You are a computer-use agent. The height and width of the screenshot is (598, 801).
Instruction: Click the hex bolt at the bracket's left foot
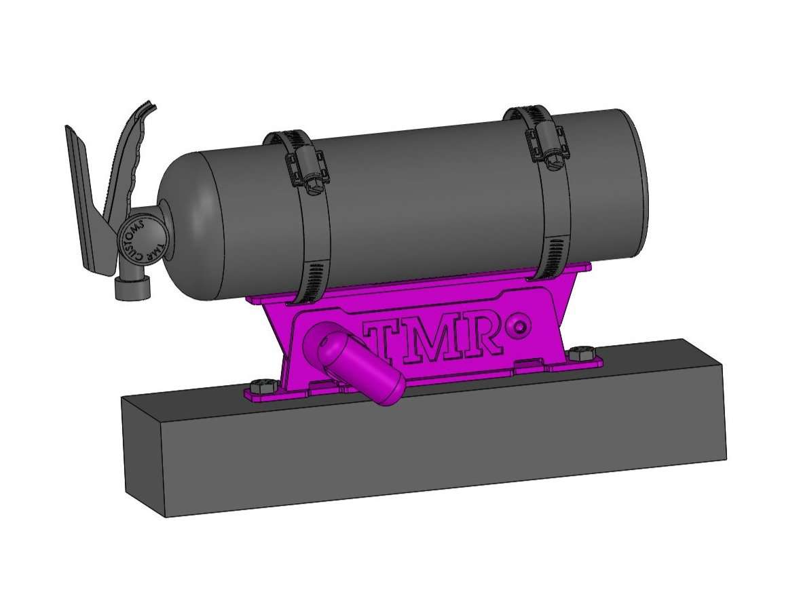259,386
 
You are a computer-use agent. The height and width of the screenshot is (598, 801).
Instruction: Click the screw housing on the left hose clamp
304,169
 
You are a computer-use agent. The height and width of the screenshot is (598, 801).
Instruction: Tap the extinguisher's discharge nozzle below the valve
132,287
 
